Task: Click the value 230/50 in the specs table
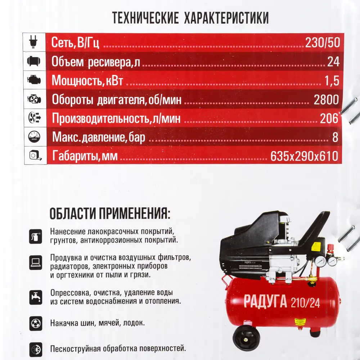(x=322, y=43)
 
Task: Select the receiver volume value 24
(x=333, y=62)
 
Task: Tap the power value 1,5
(x=332, y=81)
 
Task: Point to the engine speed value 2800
(x=326, y=100)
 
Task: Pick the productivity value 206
(x=329, y=118)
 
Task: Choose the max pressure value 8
(x=335, y=137)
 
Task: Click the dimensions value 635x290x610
(x=304, y=156)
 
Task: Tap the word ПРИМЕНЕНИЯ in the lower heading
(x=133, y=213)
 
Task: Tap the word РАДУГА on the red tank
(x=265, y=302)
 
